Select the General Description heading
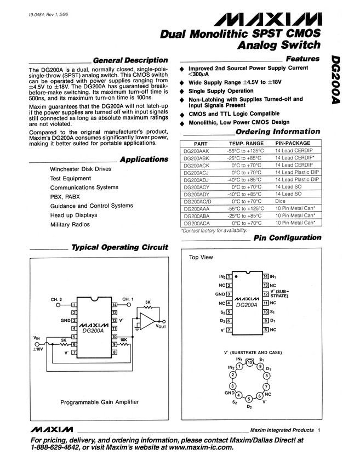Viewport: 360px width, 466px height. coord(130,60)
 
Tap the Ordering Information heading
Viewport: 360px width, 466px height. coord(277,132)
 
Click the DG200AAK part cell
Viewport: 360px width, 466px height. coord(197,150)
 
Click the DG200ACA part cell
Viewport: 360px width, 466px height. coord(197,223)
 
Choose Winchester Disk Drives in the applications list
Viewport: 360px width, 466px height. coord(80,169)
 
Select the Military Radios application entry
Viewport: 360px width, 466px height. coord(70,225)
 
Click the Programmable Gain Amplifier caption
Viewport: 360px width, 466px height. coord(99,402)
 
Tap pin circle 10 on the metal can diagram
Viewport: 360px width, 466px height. coord(249,362)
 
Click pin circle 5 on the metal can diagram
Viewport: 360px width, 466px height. coord(249,399)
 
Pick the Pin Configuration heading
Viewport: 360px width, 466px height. coord(287,237)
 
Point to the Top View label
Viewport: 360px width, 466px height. coord(201,257)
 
